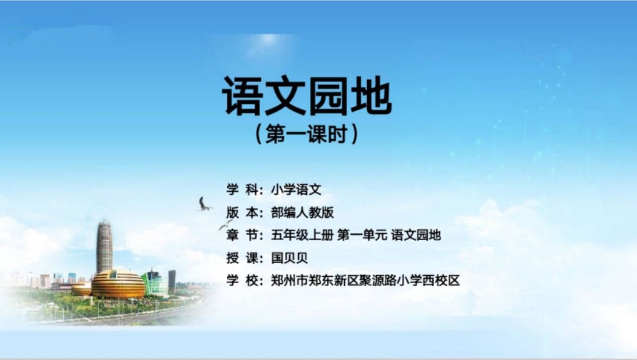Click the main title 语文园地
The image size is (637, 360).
tap(307, 96)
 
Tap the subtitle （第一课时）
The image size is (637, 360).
tap(307, 134)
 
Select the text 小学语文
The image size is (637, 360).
tap(296, 190)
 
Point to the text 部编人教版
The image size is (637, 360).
tap(302, 212)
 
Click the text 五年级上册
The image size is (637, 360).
tap(302, 235)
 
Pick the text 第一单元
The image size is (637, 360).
tap(362, 235)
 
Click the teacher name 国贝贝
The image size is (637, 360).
tap(289, 258)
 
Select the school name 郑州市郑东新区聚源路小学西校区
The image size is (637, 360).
tap(365, 280)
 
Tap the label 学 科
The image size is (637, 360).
tap(242, 190)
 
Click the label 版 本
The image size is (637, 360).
tap(242, 212)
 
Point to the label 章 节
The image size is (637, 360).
tap(242, 235)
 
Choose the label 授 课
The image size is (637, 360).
tap(242, 258)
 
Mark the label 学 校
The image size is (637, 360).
tap(242, 280)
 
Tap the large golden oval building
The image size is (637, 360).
tap(118, 284)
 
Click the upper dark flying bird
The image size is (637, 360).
tap(204, 204)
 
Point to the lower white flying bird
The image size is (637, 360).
tap(225, 224)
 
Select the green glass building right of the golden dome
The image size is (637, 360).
tap(155, 282)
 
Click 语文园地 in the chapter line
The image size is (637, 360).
tap(416, 235)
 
